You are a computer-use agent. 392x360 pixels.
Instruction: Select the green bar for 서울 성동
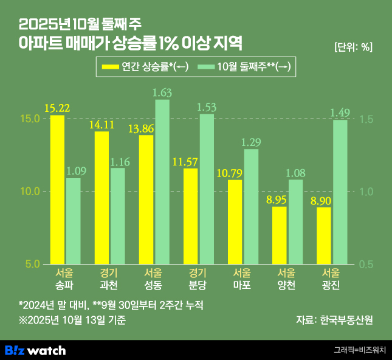(x=162, y=182)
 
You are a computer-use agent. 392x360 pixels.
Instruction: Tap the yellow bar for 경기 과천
(x=101, y=198)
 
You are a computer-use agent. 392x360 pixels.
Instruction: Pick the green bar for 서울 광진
(x=340, y=192)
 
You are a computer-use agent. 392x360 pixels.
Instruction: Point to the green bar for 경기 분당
(x=207, y=189)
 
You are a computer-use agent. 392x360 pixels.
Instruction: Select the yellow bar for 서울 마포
(x=235, y=222)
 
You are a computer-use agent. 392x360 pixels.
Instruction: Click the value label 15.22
(x=57, y=108)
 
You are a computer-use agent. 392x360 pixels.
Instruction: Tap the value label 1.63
(x=162, y=92)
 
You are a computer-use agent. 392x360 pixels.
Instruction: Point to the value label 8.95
(x=279, y=199)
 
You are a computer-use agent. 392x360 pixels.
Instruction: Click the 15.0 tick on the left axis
(x=30, y=119)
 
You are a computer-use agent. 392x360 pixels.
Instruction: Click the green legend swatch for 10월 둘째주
(x=207, y=67)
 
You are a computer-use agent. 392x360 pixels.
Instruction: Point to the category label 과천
(x=101, y=285)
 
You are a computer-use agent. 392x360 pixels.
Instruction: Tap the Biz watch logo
(x=35, y=350)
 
